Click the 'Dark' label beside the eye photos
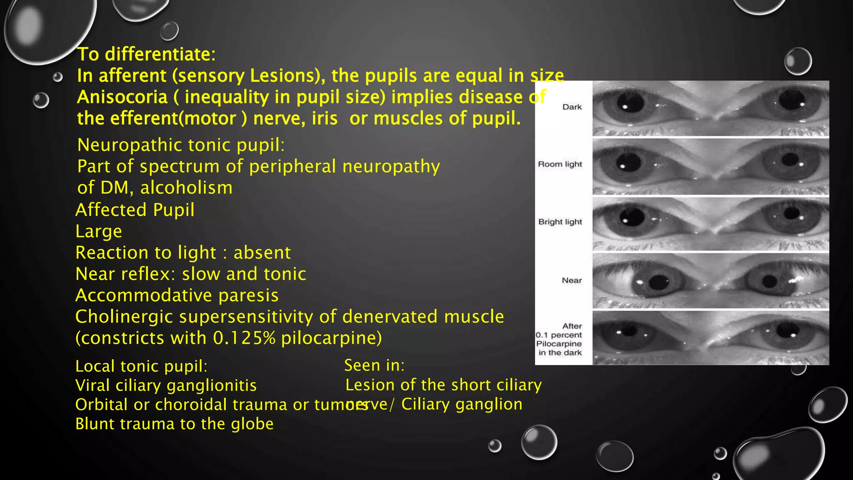pos(571,107)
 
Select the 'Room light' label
pos(560,164)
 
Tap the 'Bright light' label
pos(560,222)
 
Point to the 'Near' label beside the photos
pos(571,280)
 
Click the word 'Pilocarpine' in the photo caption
pos(559,344)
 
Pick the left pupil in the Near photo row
pos(658,282)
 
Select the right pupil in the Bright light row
pos(790,214)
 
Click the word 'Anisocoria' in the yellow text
pos(122,97)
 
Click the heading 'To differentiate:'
pos(146,54)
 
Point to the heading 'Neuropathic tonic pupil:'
pos(181,145)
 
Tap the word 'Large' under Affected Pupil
pos(99,231)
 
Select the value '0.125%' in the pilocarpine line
pos(244,338)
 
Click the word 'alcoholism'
pos(186,188)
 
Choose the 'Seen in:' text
pos(374,365)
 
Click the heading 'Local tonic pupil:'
pos(141,366)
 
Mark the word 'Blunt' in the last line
pos(95,424)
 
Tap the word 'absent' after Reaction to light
pos(262,252)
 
